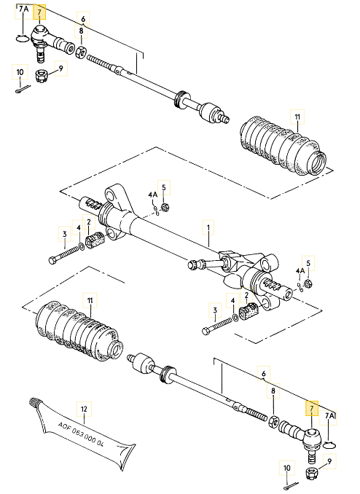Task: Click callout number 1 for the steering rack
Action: pos(208,228)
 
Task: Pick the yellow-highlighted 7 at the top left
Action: pos(40,11)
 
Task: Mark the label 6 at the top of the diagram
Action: pos(82,20)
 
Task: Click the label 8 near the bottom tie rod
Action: pos(273,392)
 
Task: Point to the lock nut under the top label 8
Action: pos(82,51)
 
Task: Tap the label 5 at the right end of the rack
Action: pos(308,263)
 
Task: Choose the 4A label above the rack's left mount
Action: pos(152,195)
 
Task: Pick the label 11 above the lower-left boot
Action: pos(90,300)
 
